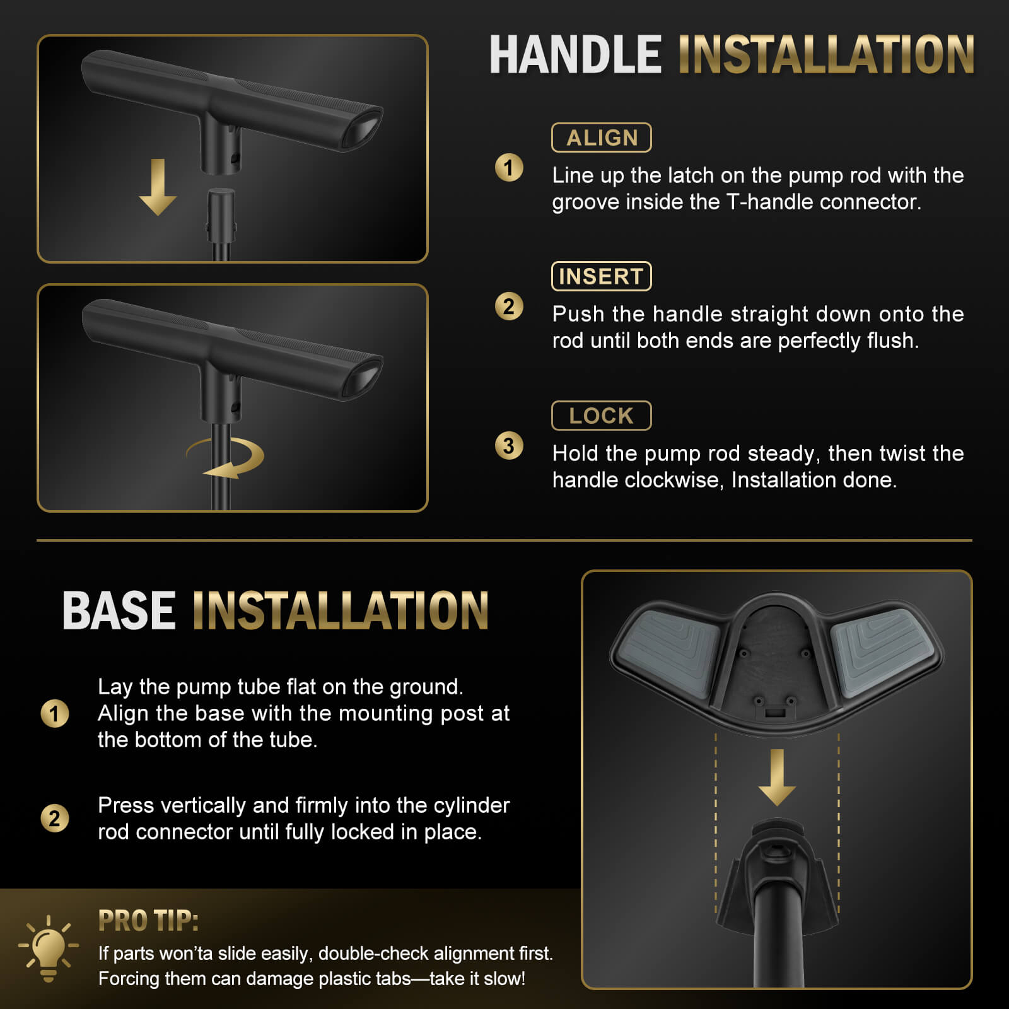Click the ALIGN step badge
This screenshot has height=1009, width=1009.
(601, 137)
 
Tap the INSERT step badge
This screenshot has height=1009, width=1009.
(601, 276)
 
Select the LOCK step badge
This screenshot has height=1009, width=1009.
(601, 416)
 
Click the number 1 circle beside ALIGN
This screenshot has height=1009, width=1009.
(509, 168)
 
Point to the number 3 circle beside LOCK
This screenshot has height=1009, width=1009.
(509, 446)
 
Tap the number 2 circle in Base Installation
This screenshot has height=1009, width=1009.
(55, 819)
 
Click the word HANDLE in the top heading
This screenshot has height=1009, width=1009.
(575, 55)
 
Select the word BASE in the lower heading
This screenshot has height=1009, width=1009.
(119, 610)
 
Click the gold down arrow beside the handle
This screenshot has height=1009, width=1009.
(158, 187)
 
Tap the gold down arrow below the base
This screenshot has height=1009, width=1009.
(777, 778)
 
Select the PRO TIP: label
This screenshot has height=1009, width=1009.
(148, 921)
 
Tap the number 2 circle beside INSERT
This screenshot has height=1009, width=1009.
(509, 306)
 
